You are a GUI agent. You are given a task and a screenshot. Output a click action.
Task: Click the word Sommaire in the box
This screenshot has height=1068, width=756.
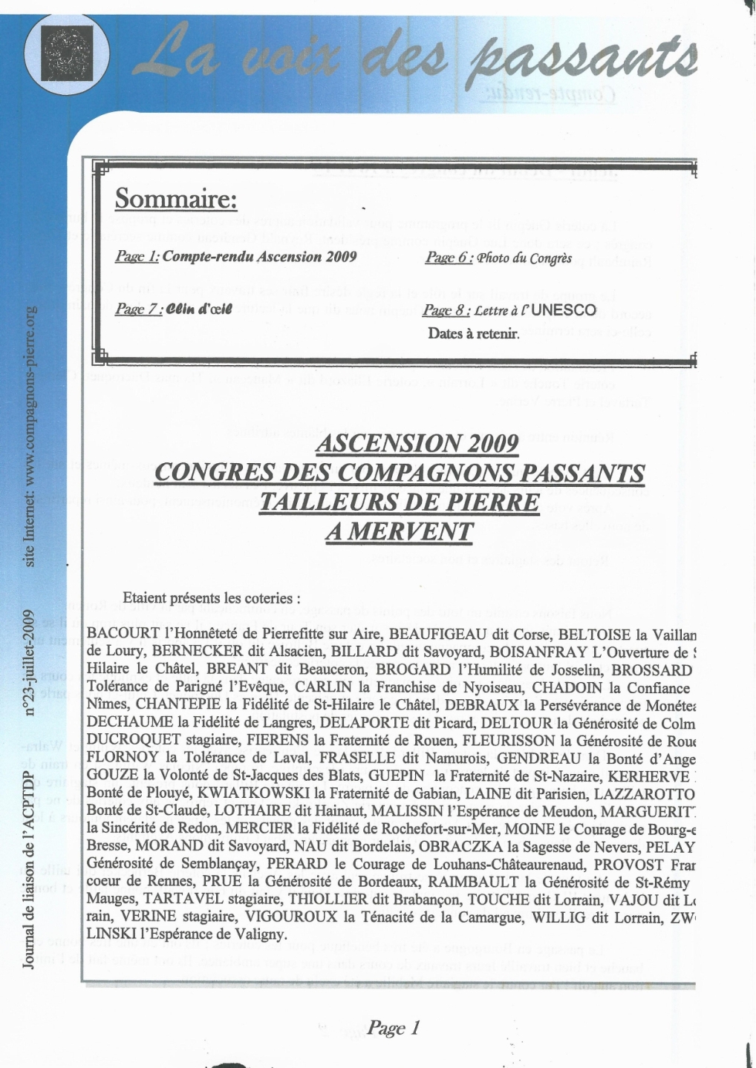175,200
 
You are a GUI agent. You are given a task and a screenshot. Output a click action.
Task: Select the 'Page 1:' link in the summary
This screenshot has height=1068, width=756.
137,257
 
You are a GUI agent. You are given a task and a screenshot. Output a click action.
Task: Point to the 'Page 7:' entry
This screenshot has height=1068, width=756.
139,309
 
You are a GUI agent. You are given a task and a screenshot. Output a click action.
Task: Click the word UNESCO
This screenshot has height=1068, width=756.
564,310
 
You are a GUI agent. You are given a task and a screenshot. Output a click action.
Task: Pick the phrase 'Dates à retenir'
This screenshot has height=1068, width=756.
472,334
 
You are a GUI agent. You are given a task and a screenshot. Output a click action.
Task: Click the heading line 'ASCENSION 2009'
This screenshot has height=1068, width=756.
417,444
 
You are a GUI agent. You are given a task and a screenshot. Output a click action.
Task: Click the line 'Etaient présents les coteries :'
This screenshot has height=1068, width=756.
212,598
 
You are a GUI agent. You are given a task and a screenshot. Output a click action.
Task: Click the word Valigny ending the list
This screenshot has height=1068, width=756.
261,934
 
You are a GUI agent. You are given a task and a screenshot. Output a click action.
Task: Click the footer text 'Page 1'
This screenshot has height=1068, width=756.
394,1028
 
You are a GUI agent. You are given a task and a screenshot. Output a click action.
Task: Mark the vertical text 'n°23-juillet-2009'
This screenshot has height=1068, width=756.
30,663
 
